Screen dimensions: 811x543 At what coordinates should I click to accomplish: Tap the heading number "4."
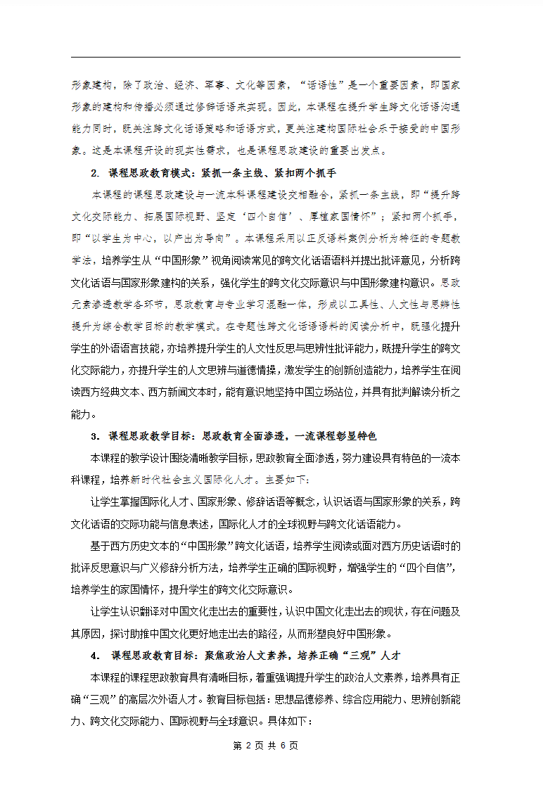tap(96, 656)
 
